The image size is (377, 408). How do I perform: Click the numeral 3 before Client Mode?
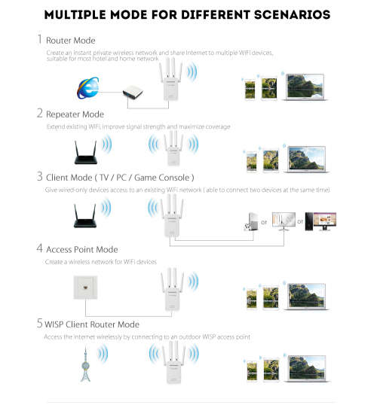38,177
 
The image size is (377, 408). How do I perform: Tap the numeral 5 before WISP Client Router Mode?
38,323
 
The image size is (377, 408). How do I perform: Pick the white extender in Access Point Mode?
172,291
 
